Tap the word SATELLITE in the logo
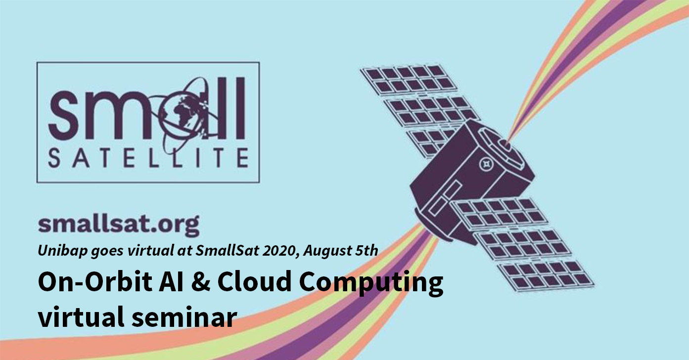pyautogui.click(x=148, y=158)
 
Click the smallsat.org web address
pyautogui.click(x=119, y=225)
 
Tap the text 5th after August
pyautogui.click(x=367, y=250)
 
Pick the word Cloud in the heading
pyautogui.click(x=254, y=281)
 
